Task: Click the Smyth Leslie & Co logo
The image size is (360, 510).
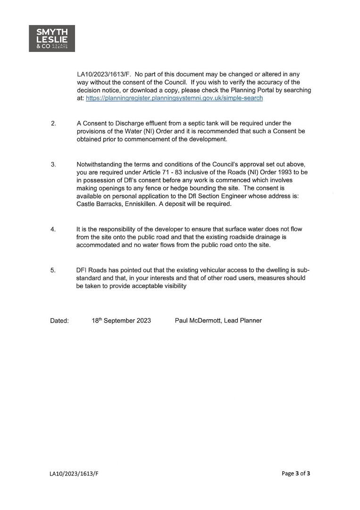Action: pyautogui.click(x=52, y=38)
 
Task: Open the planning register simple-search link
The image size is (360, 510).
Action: pyautogui.click(x=174, y=98)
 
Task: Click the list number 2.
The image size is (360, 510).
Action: pyautogui.click(x=53, y=124)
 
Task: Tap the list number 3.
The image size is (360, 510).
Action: pyautogui.click(x=53, y=164)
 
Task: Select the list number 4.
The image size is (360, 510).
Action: pyautogui.click(x=53, y=229)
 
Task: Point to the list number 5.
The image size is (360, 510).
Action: pyautogui.click(x=53, y=270)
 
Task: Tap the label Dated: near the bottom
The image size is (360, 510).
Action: pyautogui.click(x=59, y=321)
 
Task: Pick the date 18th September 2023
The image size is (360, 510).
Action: pyautogui.click(x=121, y=321)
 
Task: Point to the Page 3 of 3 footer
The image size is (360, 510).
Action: pyautogui.click(x=296, y=474)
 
